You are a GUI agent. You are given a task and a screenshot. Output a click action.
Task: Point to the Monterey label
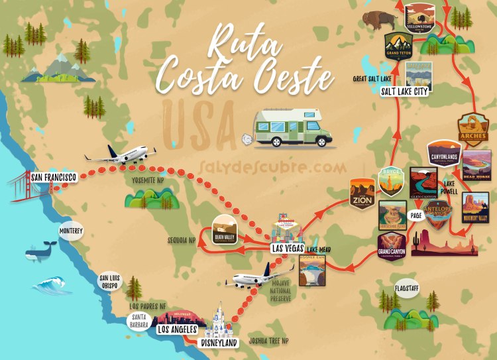[71, 231]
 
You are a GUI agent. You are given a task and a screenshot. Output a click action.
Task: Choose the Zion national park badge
[362, 193]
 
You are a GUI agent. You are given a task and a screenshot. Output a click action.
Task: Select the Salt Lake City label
[404, 92]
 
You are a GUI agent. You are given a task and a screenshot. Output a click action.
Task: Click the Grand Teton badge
[400, 45]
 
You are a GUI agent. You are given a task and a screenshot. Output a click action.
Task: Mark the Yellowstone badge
[421, 18]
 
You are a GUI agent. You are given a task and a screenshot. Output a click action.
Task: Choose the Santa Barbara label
[139, 322]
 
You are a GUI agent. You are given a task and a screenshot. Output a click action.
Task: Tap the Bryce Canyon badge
[390, 181]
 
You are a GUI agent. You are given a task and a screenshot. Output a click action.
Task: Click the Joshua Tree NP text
[269, 341]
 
